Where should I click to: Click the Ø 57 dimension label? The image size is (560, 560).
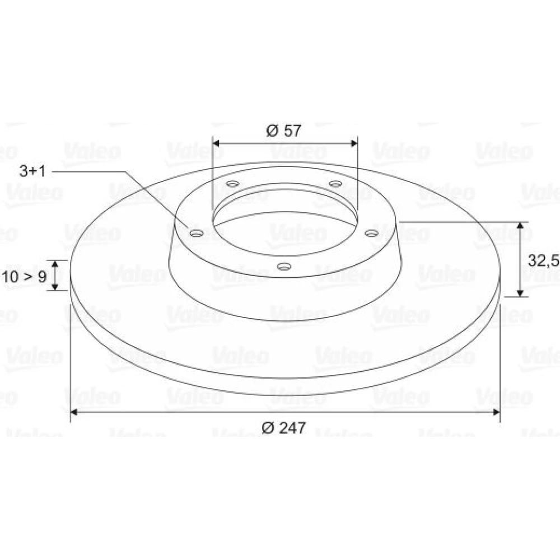pyautogui.click(x=284, y=130)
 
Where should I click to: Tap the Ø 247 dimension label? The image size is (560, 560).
pyautogui.click(x=284, y=427)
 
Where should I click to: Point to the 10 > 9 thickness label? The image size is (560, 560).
pyautogui.click(x=24, y=277)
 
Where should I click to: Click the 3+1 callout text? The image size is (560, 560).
pyautogui.click(x=33, y=171)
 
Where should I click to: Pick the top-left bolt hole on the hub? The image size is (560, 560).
pyautogui.click(x=233, y=184)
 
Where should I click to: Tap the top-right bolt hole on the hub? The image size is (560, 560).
pyautogui.click(x=335, y=184)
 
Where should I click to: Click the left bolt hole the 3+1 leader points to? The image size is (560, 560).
pyautogui.click(x=197, y=234)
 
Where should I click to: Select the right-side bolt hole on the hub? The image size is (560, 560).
pyautogui.click(x=371, y=233)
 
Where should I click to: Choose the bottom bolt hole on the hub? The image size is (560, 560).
pyautogui.click(x=284, y=267)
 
